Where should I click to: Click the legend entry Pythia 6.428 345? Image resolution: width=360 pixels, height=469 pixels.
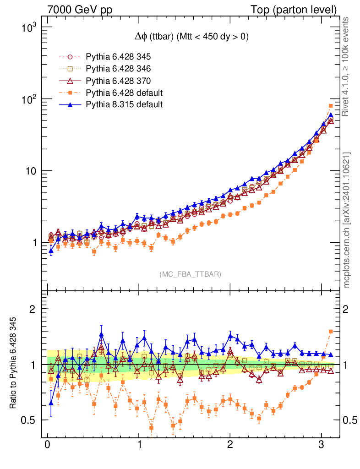pyautogui.click(x=118, y=57)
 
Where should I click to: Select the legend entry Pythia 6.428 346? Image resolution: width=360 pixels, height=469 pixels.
pyautogui.click(x=118, y=69)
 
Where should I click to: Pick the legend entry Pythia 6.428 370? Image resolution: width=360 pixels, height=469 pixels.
pyautogui.click(x=118, y=81)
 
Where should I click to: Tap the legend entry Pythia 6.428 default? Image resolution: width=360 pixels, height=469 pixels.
pyautogui.click(x=124, y=93)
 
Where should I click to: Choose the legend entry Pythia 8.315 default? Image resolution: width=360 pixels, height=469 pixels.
pyautogui.click(x=124, y=105)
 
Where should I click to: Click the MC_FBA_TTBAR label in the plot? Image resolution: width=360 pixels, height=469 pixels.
pyautogui.click(x=191, y=274)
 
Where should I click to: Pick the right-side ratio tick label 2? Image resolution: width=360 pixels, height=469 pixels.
pyautogui.click(x=347, y=309)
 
